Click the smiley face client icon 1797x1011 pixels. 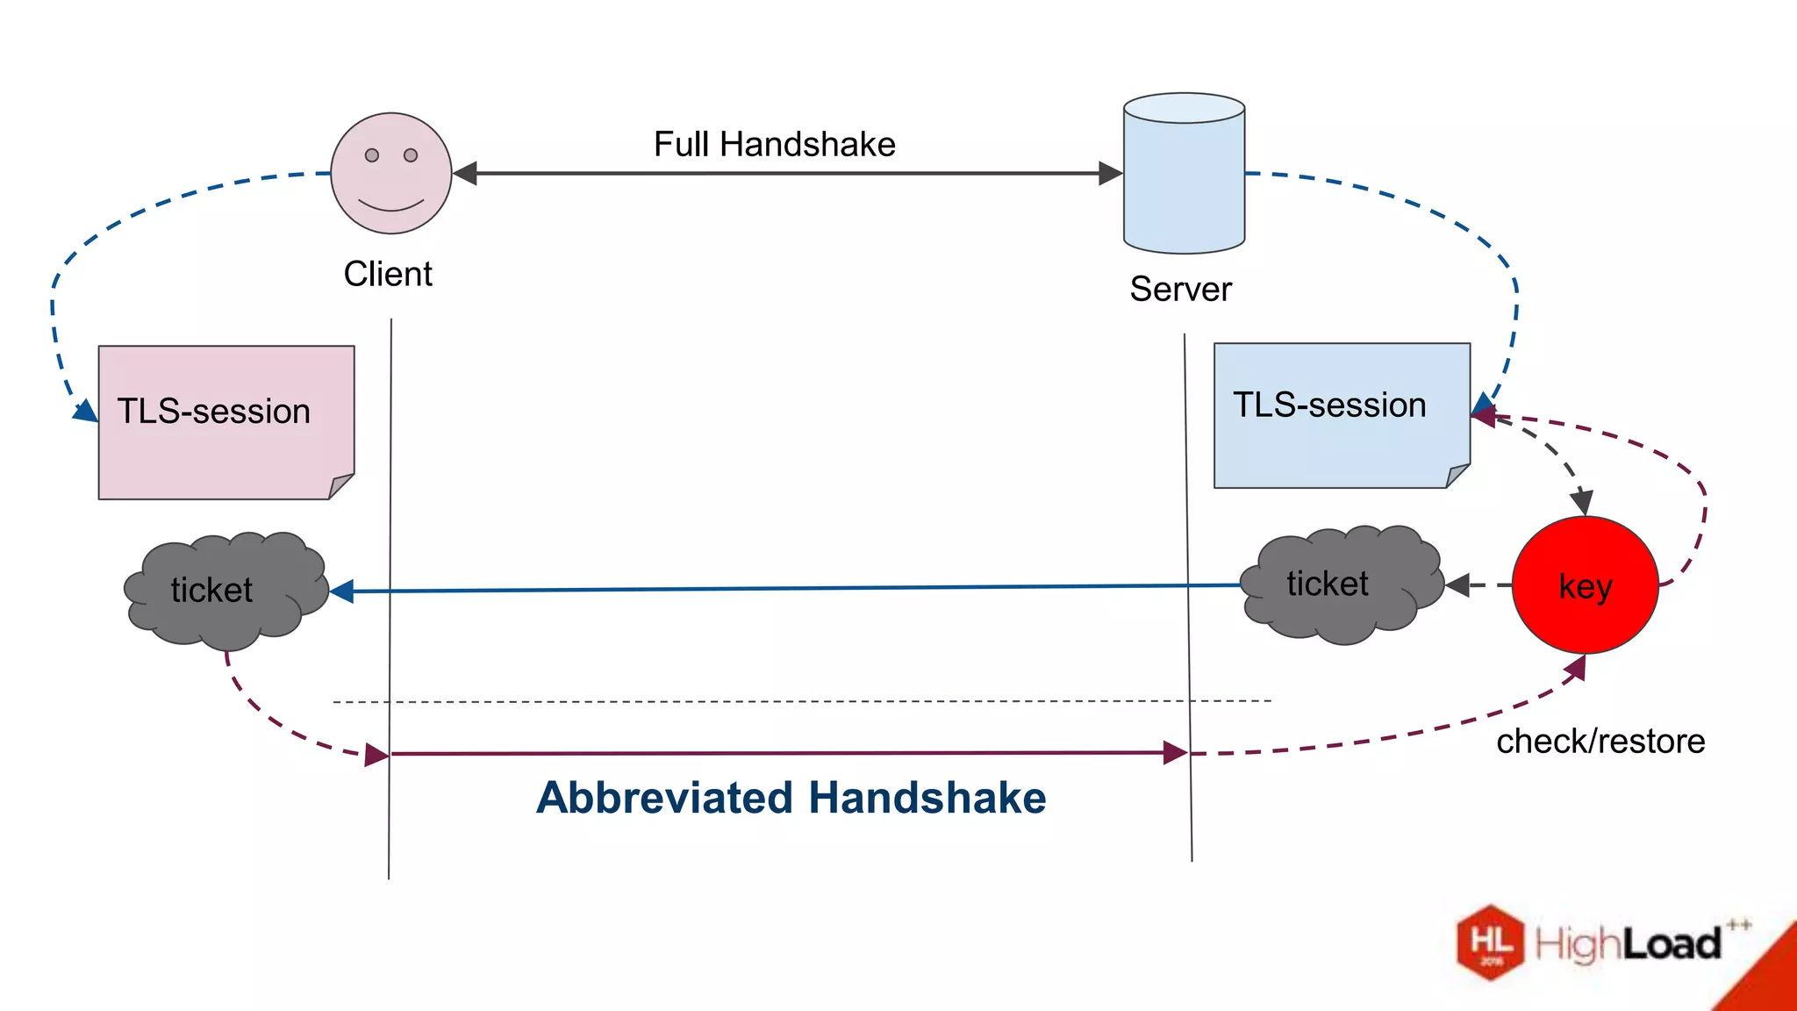[x=390, y=174]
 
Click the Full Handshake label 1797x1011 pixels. [x=774, y=144]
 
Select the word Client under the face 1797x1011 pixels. [x=387, y=274]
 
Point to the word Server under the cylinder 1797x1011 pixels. [x=1180, y=289]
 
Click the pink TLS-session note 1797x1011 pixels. [x=226, y=423]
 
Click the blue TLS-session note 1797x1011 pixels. [x=1341, y=415]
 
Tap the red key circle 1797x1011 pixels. [x=1585, y=585]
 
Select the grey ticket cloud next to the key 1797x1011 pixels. [x=1340, y=584]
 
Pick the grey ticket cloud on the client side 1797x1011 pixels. [x=224, y=591]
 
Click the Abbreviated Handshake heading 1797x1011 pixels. [x=791, y=798]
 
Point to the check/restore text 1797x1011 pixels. [x=1600, y=742]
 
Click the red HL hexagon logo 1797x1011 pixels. [x=1490, y=943]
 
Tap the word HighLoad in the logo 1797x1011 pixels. [x=1628, y=944]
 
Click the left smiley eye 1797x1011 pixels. [x=372, y=155]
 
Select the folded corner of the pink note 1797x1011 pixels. [x=340, y=486]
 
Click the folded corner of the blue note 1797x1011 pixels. [x=1457, y=476]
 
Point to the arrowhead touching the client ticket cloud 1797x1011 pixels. [x=342, y=592]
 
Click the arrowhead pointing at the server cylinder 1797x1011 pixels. [x=1111, y=174]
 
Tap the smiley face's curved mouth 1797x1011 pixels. [x=390, y=206]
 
